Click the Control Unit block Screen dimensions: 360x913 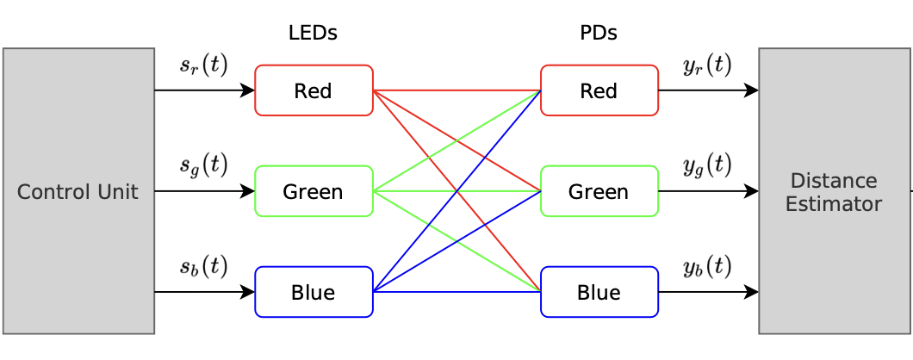click(x=78, y=191)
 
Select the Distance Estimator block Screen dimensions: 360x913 click(x=833, y=191)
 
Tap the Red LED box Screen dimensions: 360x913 click(x=314, y=90)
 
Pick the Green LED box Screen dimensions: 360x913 click(x=314, y=191)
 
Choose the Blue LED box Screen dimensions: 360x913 click(x=314, y=292)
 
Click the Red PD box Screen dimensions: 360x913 click(x=599, y=90)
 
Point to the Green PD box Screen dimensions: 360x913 click(x=599, y=191)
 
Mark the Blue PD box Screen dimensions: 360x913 click(x=599, y=292)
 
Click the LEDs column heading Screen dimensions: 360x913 click(x=313, y=34)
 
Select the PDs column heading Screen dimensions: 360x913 click(x=599, y=34)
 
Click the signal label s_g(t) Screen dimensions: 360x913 click(x=203, y=165)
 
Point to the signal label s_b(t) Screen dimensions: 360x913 click(x=203, y=267)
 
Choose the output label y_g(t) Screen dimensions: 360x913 click(x=707, y=165)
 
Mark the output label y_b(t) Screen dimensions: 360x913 click(x=707, y=267)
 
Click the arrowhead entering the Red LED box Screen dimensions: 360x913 click(x=249, y=90)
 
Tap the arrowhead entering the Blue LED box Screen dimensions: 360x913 click(x=249, y=292)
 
